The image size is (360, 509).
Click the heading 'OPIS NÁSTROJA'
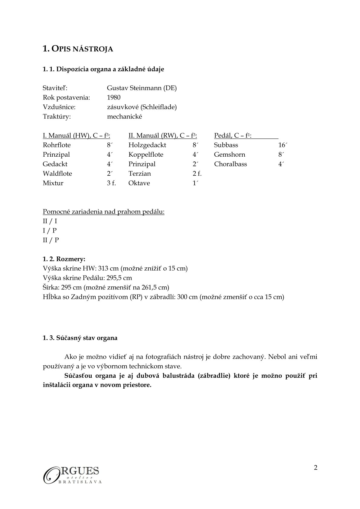(x=78, y=49)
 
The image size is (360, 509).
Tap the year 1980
(x=114, y=97)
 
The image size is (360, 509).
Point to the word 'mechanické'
(x=124, y=116)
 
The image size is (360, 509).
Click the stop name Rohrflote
(x=57, y=145)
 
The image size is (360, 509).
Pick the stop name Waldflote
(x=57, y=174)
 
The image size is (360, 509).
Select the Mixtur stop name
(x=53, y=183)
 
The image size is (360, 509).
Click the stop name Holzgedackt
(x=147, y=145)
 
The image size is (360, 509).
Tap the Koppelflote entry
(x=146, y=155)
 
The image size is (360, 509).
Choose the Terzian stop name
(x=139, y=174)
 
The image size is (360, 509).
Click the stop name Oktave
(x=139, y=183)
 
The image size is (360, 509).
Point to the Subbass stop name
(x=226, y=145)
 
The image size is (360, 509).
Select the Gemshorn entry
(x=229, y=155)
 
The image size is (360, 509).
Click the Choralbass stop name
(x=230, y=164)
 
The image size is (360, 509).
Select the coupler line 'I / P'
(x=50, y=230)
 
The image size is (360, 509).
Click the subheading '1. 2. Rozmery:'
(x=64, y=259)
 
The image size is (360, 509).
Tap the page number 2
(x=316, y=468)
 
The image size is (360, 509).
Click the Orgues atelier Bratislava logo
(x=72, y=474)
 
